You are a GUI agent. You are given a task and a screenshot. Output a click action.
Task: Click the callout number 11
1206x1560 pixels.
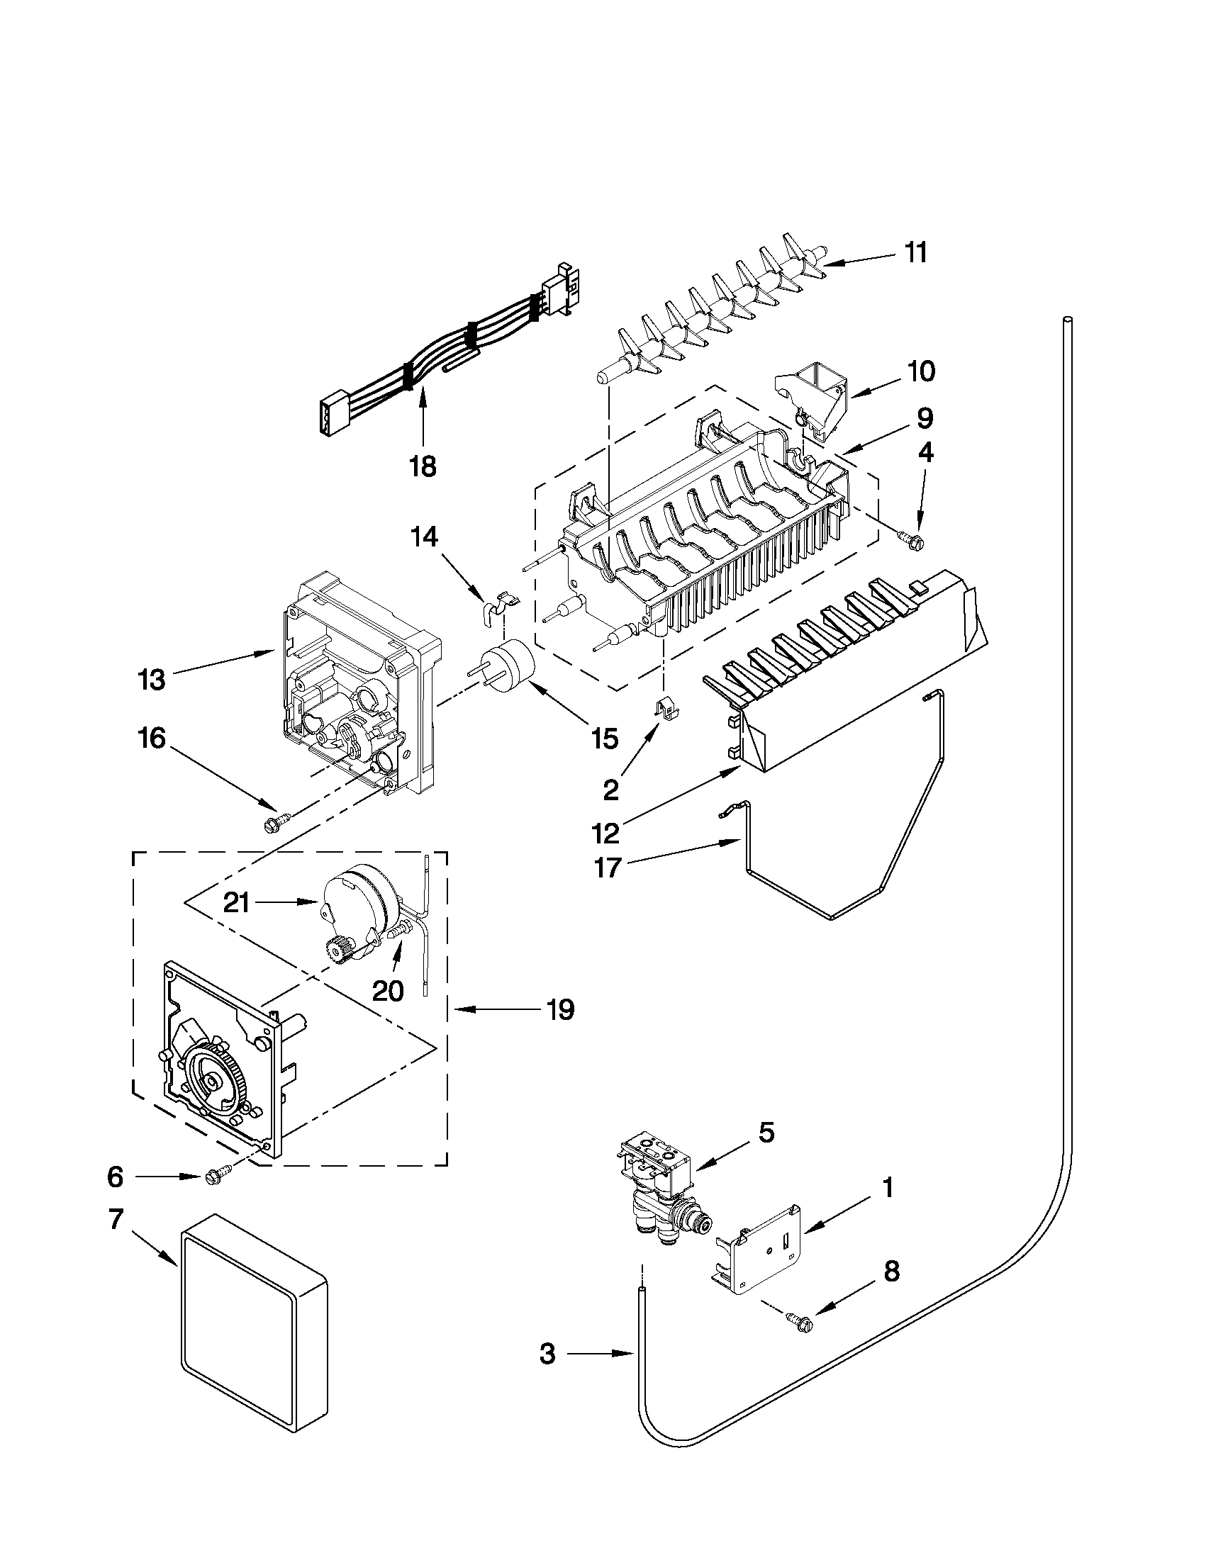pyautogui.click(x=916, y=253)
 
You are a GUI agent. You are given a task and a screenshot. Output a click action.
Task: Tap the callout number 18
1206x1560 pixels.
pyautogui.click(x=423, y=467)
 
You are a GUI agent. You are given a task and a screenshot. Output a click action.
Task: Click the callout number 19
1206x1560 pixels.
pyautogui.click(x=560, y=1010)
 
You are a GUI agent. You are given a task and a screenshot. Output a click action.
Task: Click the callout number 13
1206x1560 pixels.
pyautogui.click(x=152, y=680)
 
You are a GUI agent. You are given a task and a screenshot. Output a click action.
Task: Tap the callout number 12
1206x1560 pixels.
pyautogui.click(x=608, y=832)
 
